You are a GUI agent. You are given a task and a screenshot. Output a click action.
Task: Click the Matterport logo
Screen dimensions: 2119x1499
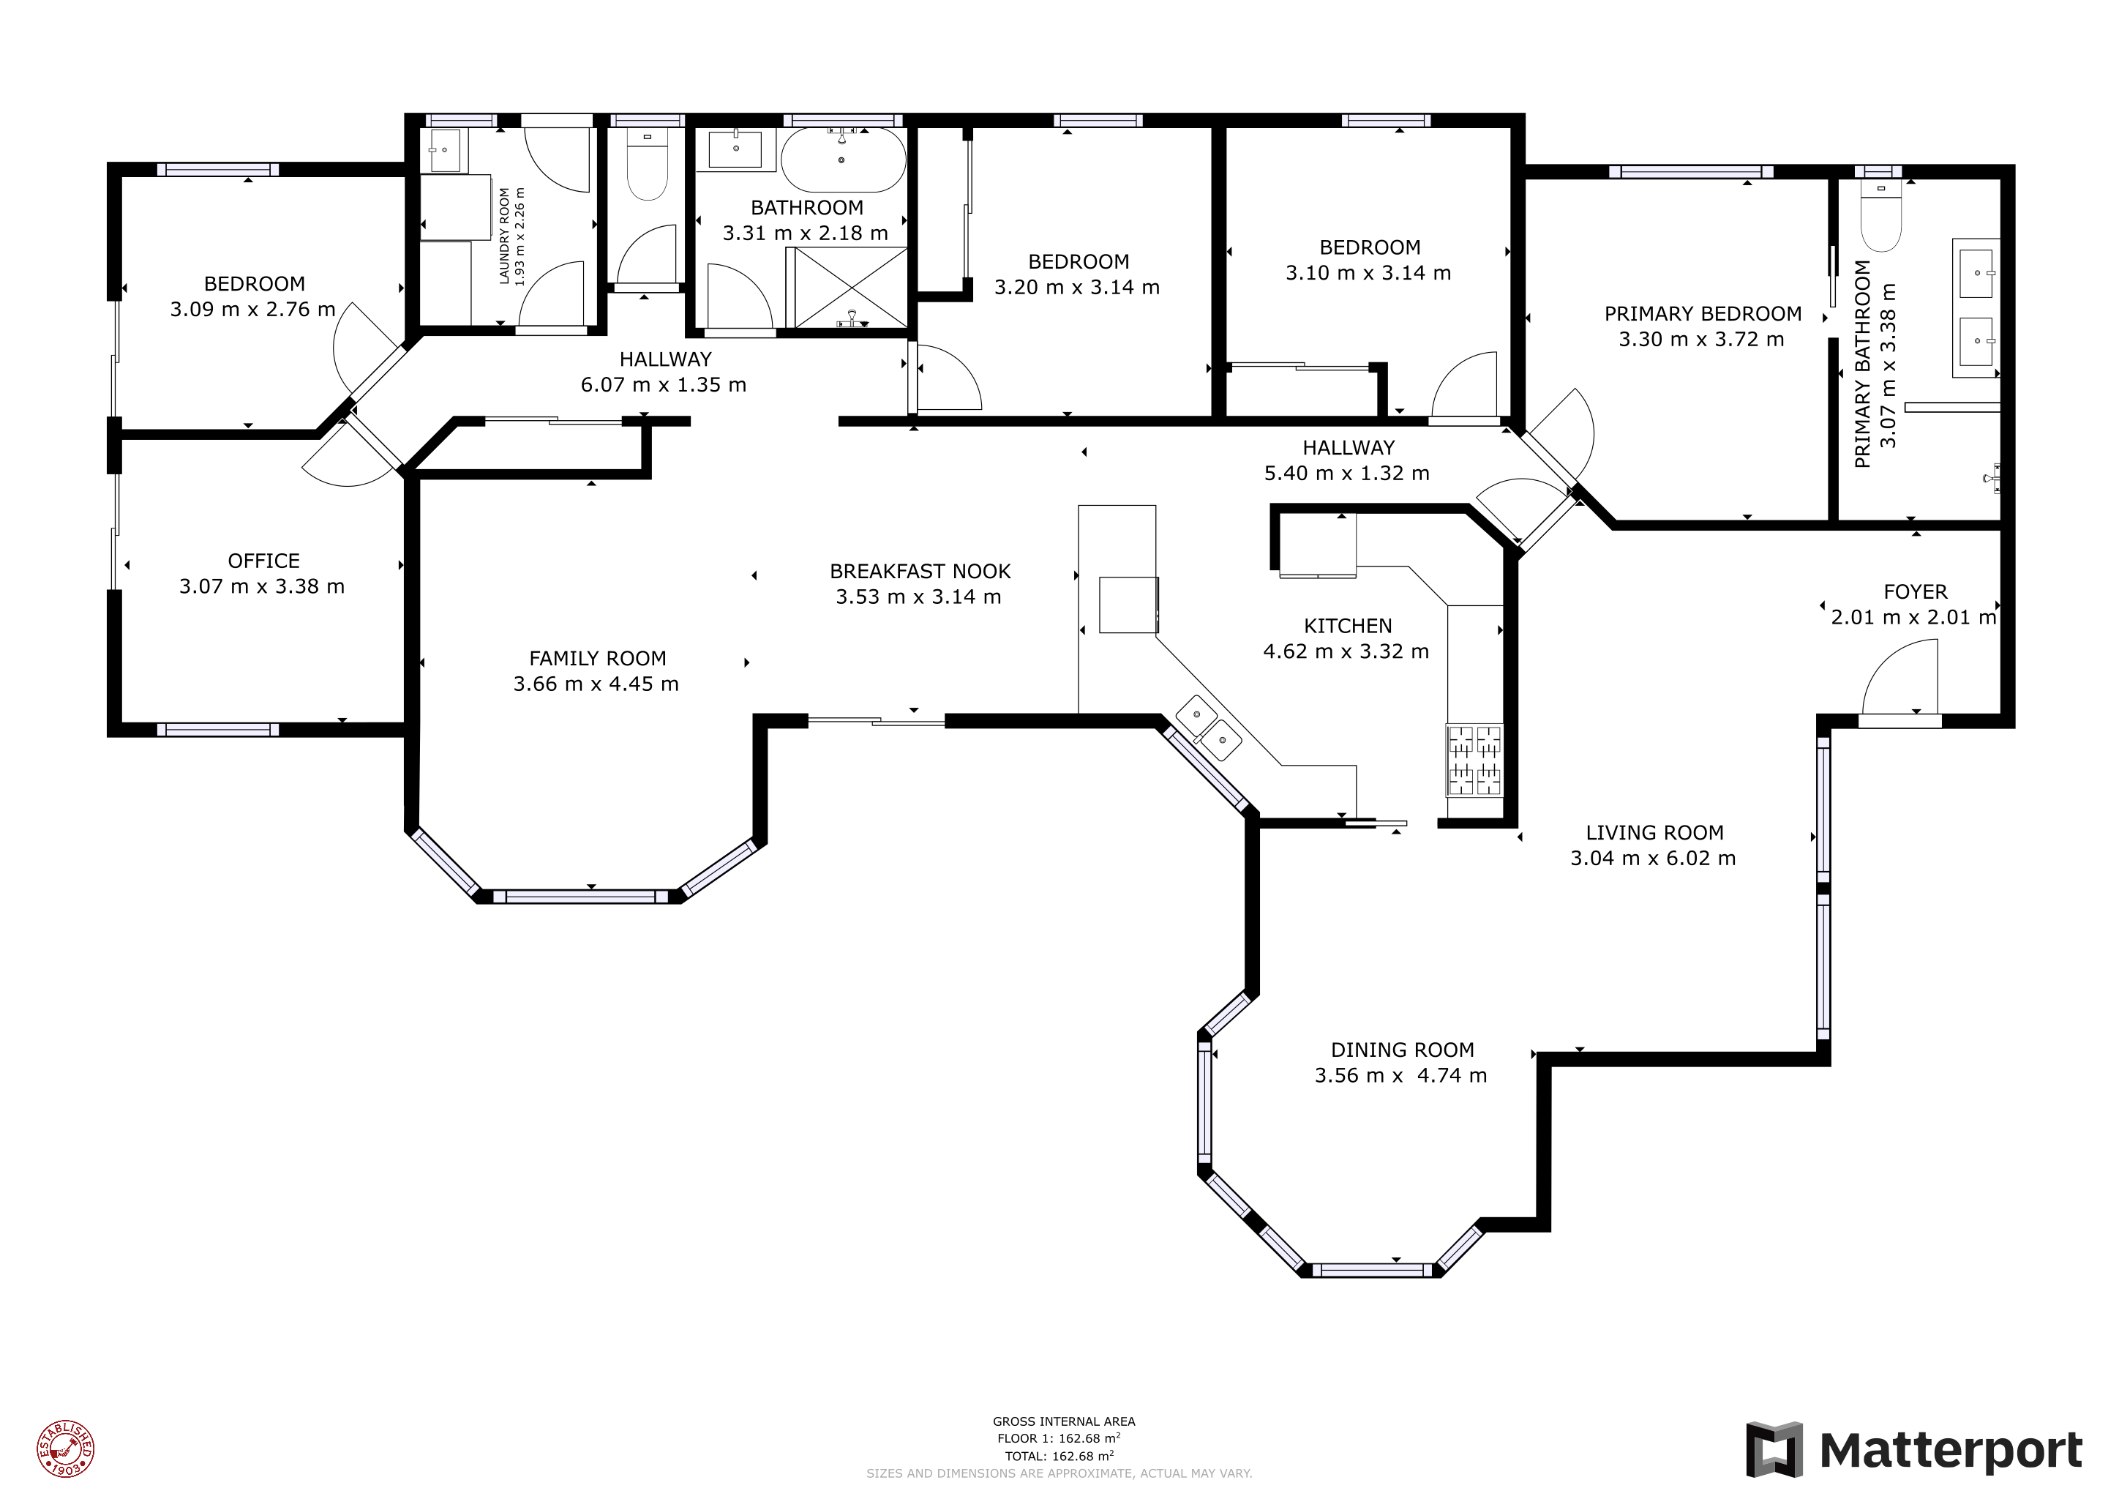point(1914,1449)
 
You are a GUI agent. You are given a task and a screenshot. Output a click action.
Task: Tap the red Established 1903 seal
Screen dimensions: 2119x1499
point(66,1448)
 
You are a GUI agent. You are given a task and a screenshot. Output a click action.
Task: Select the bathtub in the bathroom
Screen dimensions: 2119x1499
point(843,160)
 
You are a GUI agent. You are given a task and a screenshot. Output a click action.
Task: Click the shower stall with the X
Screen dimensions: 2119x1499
point(850,288)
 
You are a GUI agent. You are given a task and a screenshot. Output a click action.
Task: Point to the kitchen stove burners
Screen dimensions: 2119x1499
point(1474,760)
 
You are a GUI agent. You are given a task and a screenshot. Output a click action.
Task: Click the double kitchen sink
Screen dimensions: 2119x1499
point(1209,728)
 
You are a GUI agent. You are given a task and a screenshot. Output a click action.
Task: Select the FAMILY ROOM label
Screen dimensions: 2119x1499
point(597,658)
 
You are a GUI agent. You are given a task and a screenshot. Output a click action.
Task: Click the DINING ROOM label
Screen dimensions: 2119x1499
point(1402,1050)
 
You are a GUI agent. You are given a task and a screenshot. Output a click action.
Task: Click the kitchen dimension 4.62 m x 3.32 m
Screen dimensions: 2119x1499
point(1346,651)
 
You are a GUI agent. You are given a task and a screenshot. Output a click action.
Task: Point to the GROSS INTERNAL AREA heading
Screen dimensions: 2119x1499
point(1063,1421)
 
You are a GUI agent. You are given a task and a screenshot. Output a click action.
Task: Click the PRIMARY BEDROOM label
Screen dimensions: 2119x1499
point(1702,314)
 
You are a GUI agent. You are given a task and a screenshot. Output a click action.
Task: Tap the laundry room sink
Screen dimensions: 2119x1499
point(445,149)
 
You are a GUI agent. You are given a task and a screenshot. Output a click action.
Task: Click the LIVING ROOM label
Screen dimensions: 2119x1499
point(1654,832)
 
